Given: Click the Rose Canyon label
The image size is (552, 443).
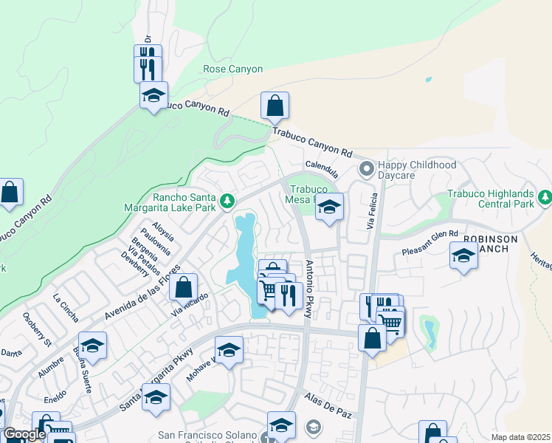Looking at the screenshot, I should (232, 69).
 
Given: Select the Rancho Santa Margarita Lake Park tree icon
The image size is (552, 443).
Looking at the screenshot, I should (228, 201).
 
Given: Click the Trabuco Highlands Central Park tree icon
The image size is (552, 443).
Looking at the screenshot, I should (545, 197).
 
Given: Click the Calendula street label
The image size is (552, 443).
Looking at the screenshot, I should (322, 170).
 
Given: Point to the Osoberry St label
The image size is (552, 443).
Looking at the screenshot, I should (36, 332).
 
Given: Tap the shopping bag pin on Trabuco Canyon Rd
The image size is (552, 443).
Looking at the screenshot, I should (275, 106).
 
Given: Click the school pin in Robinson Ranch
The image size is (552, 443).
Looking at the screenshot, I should (463, 256).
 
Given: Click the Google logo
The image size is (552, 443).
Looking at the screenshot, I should (24, 434).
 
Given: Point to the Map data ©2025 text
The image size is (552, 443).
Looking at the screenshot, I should (520, 438).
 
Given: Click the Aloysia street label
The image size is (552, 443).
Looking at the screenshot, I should (163, 230).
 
